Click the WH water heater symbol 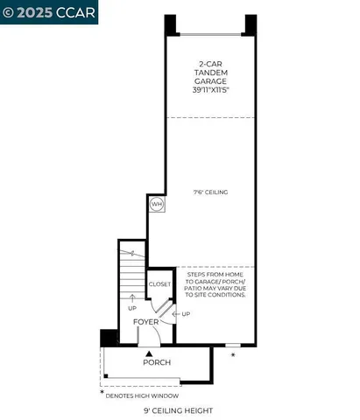click(157, 204)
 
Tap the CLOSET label click(159, 283)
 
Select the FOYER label click(146, 322)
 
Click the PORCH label click(157, 362)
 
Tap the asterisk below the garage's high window click(232, 356)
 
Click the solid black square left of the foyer click(108, 337)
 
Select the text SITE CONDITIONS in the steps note click(215, 295)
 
